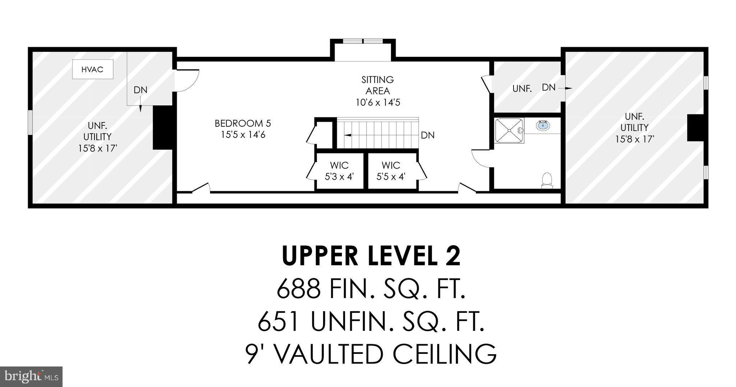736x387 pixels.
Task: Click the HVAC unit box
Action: pyautogui.click(x=93, y=69)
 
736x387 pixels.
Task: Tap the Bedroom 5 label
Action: pyautogui.click(x=243, y=129)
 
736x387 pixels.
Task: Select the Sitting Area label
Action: pyautogui.click(x=378, y=91)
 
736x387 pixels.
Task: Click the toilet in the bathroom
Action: pyautogui.click(x=547, y=180)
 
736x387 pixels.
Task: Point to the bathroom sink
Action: pyautogui.click(x=543, y=125)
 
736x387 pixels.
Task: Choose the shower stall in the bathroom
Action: pyautogui.click(x=509, y=131)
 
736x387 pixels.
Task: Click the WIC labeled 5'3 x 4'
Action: pyautogui.click(x=340, y=171)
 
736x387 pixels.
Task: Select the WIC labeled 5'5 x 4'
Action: pyautogui.click(x=391, y=171)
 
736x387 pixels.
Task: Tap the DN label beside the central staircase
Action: pyautogui.click(x=428, y=135)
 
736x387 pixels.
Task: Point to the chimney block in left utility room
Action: pyautogui.click(x=164, y=127)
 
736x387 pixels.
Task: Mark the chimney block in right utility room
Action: pyautogui.click(x=696, y=128)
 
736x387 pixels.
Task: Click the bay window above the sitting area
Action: pyautogui.click(x=363, y=41)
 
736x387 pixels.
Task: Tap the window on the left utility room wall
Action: pyautogui.click(x=31, y=123)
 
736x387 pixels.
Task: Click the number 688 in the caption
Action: pyautogui.click(x=298, y=289)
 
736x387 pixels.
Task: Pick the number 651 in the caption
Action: pyautogui.click(x=279, y=321)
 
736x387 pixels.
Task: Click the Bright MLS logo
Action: pyautogui.click(x=31, y=377)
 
